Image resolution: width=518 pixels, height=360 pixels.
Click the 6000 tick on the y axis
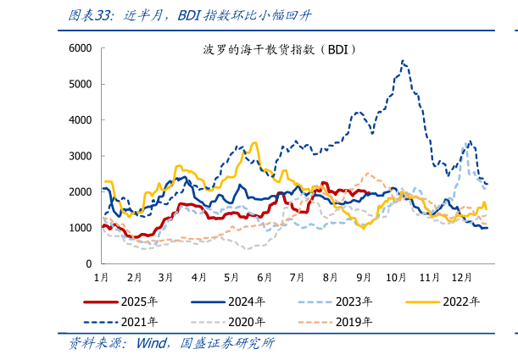coord(80,48)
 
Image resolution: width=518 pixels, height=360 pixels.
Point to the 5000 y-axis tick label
coord(80,84)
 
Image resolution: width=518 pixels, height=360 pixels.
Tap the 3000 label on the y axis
coord(80,156)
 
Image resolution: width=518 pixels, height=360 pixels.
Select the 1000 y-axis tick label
coord(80,228)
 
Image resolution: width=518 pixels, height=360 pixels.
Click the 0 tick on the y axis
coord(88,264)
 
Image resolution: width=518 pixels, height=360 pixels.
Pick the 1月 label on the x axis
coord(100,277)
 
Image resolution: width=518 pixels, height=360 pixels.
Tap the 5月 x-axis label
coord(231,277)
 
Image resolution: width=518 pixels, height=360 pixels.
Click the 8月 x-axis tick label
coord(329,277)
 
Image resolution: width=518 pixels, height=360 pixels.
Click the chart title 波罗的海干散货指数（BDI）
coord(279,50)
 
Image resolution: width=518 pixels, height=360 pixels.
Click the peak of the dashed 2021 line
coord(402,61)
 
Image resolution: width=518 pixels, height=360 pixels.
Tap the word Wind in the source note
coord(152,344)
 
